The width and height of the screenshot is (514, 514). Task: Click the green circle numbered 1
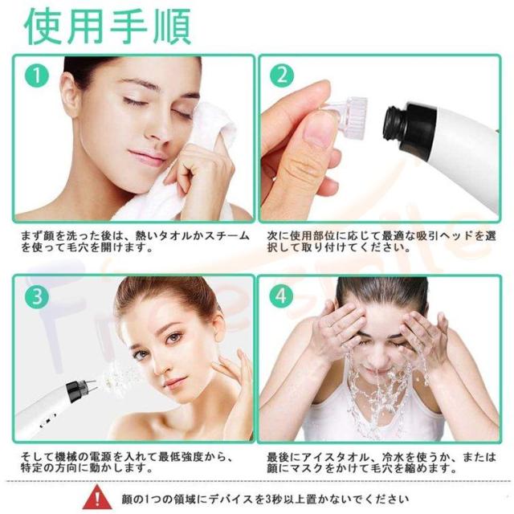click(37, 75)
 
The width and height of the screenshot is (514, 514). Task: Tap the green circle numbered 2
click(282, 75)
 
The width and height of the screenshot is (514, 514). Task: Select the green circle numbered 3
click(37, 296)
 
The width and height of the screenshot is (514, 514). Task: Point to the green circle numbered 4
click(281, 296)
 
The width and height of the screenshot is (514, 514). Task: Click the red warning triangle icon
click(97, 498)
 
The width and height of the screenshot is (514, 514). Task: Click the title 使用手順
click(108, 27)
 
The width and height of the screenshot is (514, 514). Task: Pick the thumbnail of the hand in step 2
click(316, 129)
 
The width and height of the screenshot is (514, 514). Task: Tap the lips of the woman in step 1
click(147, 157)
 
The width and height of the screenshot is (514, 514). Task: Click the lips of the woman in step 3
click(174, 382)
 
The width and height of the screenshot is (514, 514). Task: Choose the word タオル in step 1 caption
click(173, 235)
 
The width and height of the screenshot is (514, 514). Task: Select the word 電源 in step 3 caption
click(101, 457)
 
